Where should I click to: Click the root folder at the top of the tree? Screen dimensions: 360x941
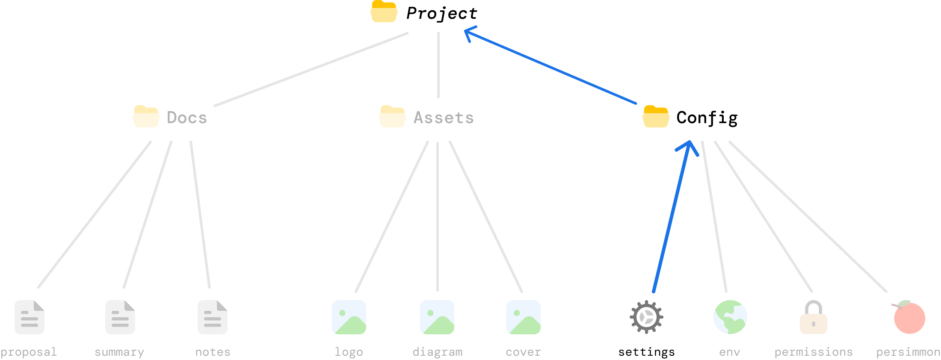384,12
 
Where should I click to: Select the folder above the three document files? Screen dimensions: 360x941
146,116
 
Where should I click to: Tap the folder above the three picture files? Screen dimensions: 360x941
392,116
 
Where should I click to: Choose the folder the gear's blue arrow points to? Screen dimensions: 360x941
656,116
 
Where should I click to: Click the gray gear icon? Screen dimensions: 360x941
646,317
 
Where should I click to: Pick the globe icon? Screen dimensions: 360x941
730,317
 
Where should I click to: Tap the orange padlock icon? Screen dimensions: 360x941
814,319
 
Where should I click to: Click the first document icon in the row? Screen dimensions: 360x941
30,317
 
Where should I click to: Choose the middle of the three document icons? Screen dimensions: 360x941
120,317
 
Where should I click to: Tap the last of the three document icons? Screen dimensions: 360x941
213,317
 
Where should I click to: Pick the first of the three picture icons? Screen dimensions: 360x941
349,317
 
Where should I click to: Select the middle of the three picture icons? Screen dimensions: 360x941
437,317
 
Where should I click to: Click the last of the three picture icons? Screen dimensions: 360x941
524,317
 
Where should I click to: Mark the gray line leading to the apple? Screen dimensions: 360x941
808,217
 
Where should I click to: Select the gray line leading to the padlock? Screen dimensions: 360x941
763,217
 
